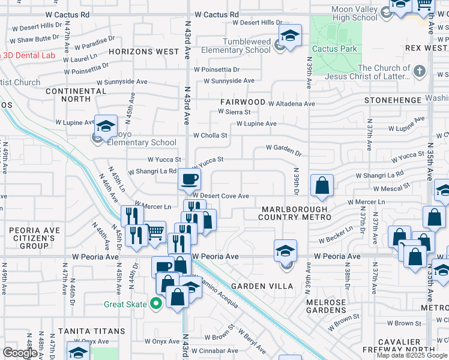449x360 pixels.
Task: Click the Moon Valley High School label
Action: tap(354, 13)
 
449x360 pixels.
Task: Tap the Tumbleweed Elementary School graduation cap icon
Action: tap(290, 36)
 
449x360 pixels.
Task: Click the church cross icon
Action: tap(420, 71)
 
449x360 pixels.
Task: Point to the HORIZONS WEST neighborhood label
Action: tap(144, 52)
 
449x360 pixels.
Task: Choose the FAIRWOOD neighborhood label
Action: tap(243, 103)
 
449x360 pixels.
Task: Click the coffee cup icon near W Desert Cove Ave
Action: tap(190, 179)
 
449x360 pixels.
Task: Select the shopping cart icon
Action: tap(155, 230)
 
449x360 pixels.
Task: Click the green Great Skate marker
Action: tap(156, 304)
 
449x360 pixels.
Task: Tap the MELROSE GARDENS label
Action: tap(326, 306)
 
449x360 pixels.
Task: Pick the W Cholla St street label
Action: tap(210, 136)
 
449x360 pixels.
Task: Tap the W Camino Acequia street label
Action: tap(218, 293)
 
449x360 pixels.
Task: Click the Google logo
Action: tap(20, 353)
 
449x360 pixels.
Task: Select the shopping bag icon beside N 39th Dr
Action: tap(322, 186)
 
